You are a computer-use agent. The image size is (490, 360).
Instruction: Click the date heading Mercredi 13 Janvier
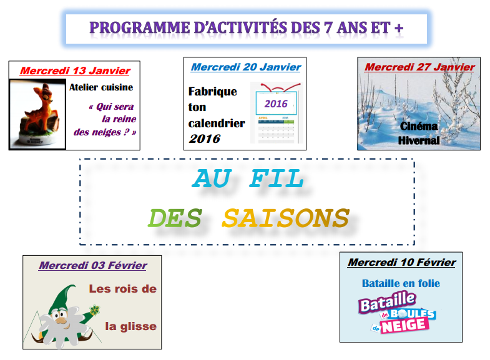point(75,71)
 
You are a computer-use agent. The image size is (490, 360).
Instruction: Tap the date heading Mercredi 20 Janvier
point(246,67)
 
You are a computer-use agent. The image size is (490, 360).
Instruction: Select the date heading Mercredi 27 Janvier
point(419,67)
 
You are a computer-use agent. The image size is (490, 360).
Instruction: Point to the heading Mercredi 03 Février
point(93,265)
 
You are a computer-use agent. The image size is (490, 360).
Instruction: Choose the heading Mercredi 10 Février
point(402,262)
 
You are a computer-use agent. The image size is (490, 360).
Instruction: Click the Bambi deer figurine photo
point(38,114)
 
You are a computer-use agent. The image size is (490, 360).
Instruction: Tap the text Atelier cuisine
point(101,87)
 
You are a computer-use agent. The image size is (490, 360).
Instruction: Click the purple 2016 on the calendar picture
point(276,104)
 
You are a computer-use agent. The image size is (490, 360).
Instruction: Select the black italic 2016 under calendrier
point(204,139)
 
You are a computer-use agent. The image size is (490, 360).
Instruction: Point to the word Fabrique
point(212,92)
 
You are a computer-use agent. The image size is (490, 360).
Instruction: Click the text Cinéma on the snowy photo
point(419,126)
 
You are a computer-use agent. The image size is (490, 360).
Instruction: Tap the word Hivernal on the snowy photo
point(419,140)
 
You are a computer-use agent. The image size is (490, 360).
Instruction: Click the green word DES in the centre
point(175,218)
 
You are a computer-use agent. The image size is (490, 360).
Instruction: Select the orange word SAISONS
point(285,218)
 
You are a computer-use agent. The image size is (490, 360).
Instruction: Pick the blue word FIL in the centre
point(277,178)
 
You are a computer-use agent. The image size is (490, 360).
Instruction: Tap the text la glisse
point(130,326)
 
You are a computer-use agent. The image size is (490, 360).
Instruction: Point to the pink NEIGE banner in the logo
point(404,326)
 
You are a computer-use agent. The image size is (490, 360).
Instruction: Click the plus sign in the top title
point(399,29)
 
